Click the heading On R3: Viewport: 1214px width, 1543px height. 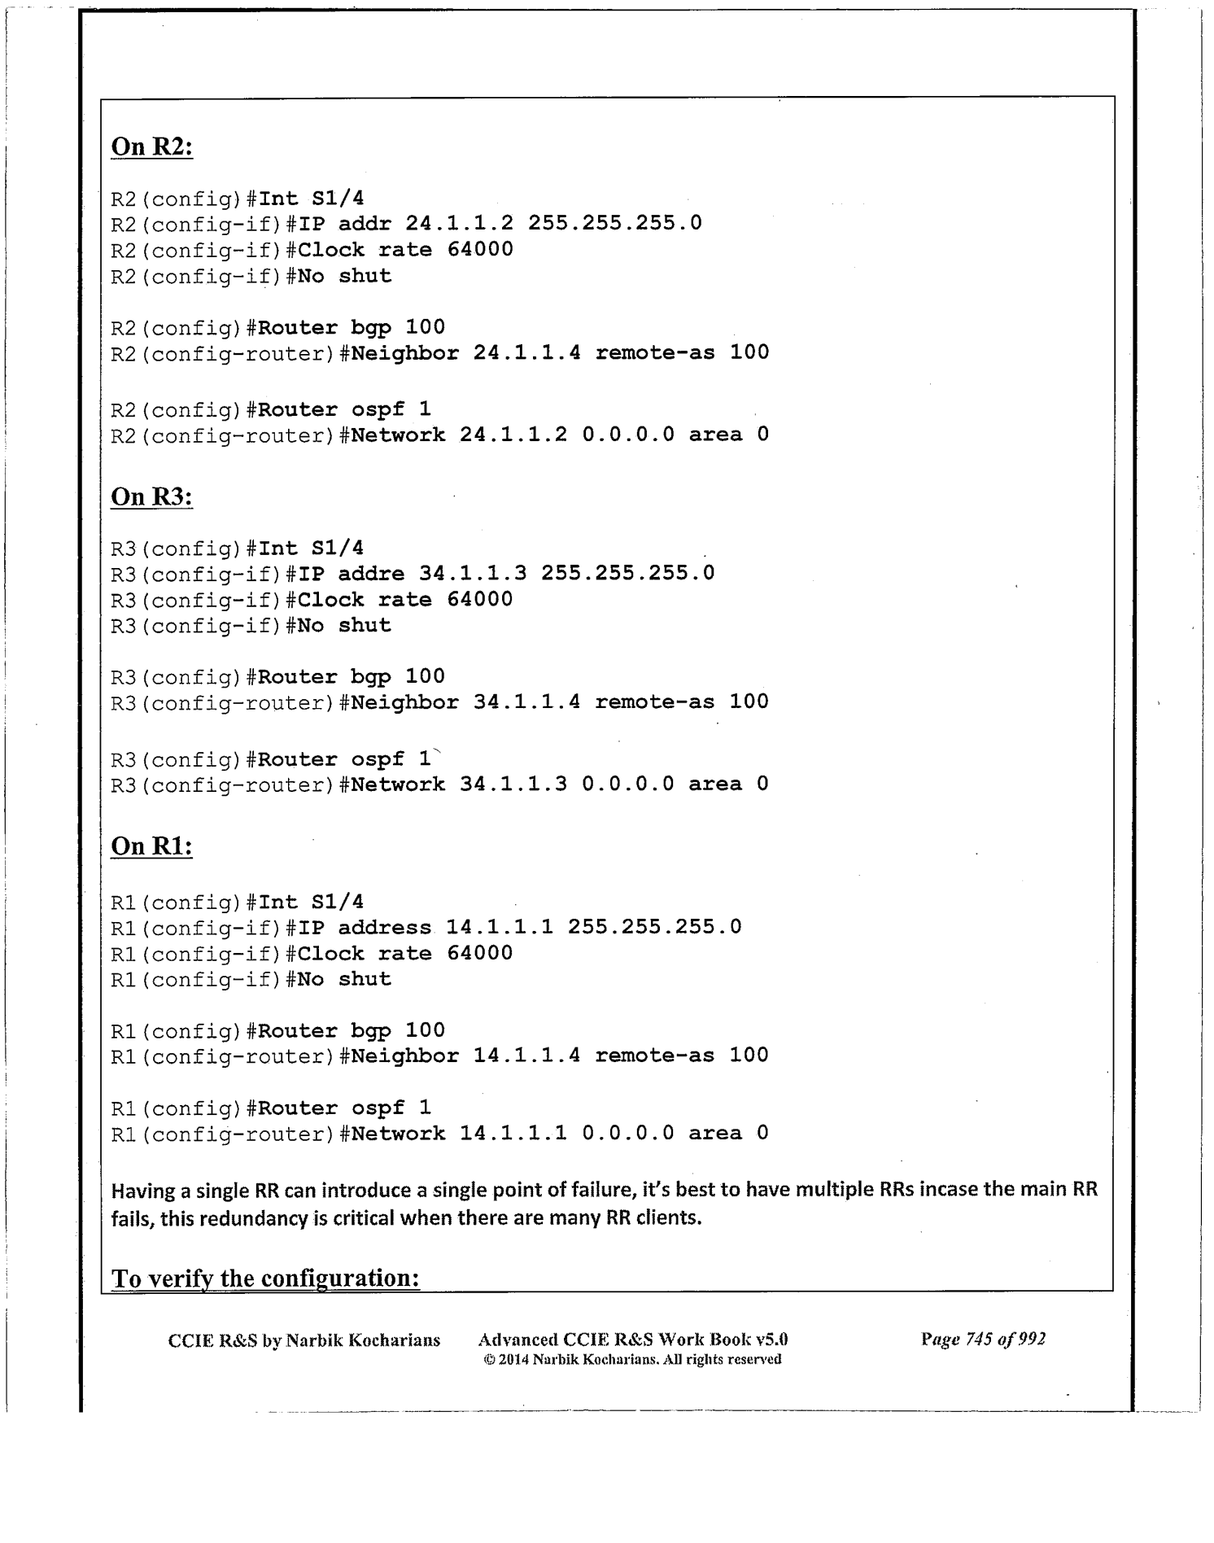point(151,496)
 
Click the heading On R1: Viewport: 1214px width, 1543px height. point(151,846)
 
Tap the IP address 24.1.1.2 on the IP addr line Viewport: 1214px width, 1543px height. point(460,223)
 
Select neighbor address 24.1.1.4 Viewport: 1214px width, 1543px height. point(527,352)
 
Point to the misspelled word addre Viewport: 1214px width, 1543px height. point(371,573)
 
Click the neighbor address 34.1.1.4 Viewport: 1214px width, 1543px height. point(527,702)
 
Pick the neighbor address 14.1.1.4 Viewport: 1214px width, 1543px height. point(527,1056)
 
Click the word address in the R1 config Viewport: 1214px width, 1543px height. point(385,927)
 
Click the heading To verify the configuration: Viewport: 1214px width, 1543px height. point(265,1278)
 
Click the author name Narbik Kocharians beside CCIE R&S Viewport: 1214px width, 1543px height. point(363,1340)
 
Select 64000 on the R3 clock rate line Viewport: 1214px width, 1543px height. point(480,600)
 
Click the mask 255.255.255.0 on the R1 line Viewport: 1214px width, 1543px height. point(655,927)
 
